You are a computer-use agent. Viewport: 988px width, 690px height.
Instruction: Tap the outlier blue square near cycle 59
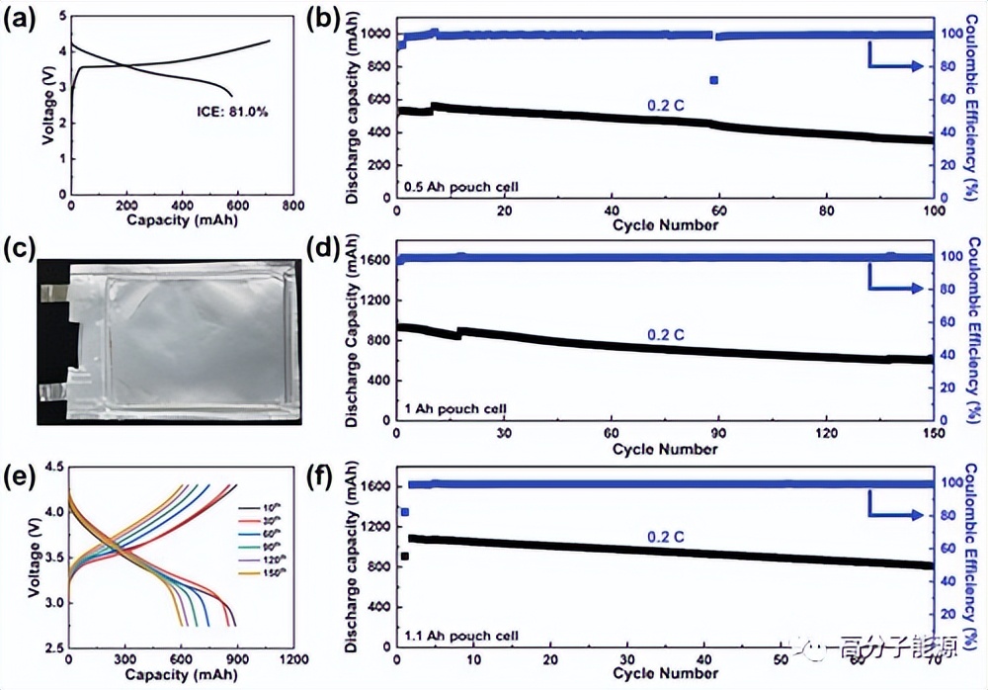tap(713, 80)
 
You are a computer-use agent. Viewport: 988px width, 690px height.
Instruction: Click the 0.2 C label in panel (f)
tap(666, 537)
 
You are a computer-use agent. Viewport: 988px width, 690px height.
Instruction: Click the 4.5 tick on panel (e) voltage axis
tap(50, 466)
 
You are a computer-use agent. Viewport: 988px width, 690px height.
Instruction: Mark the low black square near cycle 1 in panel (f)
tap(405, 556)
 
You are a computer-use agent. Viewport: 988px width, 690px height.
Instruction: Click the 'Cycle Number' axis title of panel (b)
tap(665, 224)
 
